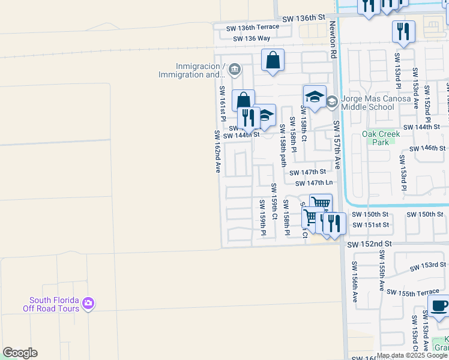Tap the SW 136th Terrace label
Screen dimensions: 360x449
pos(252,28)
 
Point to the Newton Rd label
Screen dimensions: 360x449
pos(333,40)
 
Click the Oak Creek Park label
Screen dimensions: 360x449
pos(381,138)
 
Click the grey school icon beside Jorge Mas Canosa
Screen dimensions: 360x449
pos(332,102)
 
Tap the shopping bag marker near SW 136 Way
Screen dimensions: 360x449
pos(273,61)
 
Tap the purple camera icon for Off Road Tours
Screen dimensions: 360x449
pos(89,304)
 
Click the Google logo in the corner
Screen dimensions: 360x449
pos(20,353)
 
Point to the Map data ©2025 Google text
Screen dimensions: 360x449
pos(411,355)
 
